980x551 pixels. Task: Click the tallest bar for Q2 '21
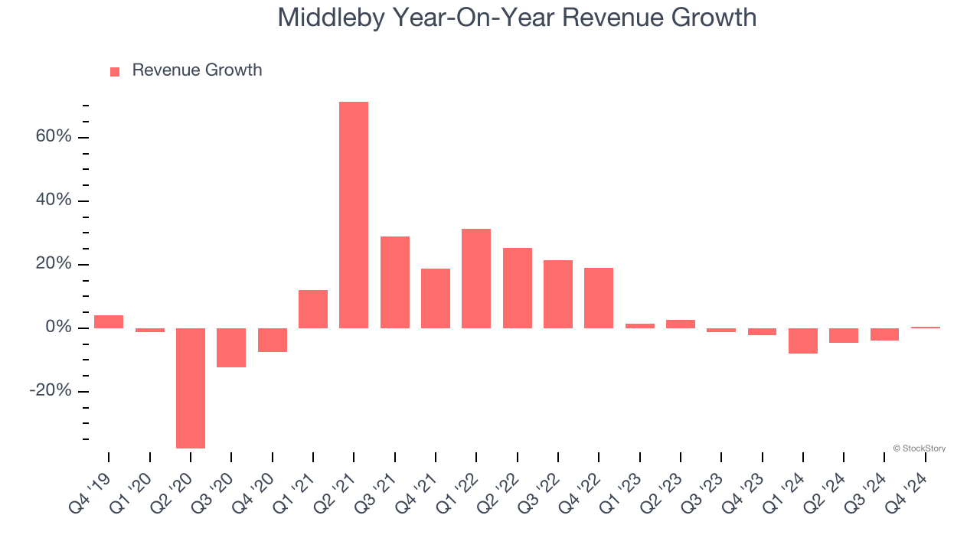click(x=354, y=214)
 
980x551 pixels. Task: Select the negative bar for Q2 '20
click(x=191, y=388)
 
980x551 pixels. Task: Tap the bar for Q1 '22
click(x=476, y=279)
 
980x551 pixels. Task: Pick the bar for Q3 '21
click(x=395, y=282)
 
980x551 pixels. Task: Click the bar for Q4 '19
click(x=109, y=321)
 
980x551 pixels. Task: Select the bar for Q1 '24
click(x=803, y=341)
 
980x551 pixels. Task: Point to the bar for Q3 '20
click(x=231, y=347)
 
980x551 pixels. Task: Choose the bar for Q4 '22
click(x=599, y=298)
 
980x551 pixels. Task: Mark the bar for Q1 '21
click(x=313, y=309)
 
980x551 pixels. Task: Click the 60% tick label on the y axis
click(x=53, y=137)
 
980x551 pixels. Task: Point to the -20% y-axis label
click(x=51, y=391)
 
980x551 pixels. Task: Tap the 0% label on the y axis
click(x=58, y=328)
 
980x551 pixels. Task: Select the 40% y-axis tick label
click(x=53, y=201)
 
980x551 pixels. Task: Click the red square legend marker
click(x=115, y=72)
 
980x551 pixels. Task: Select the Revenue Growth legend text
click(x=197, y=70)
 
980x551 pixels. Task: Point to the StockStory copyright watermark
click(x=919, y=448)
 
